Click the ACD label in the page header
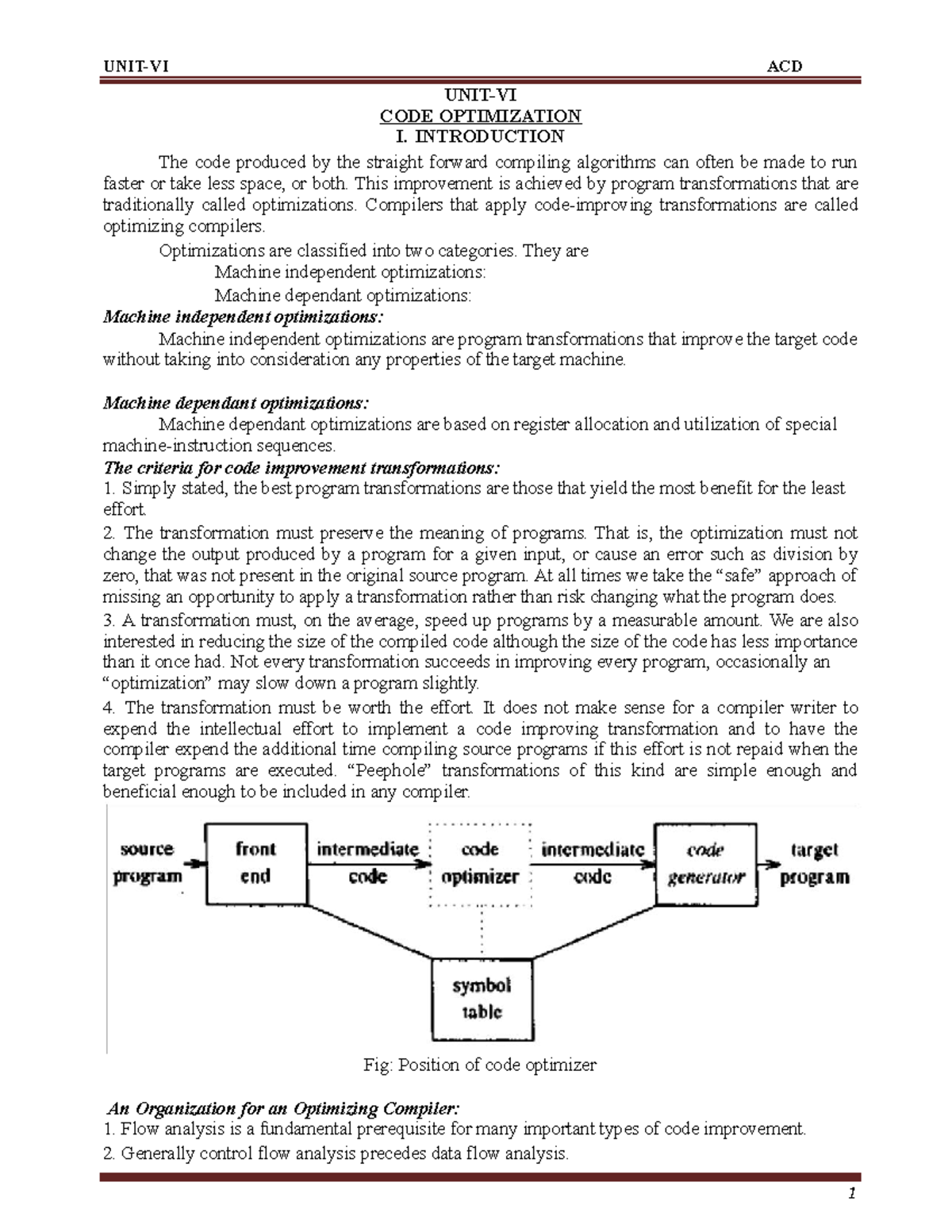[785, 67]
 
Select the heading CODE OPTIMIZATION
[480, 116]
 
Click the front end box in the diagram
[255, 863]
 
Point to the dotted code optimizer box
[479, 863]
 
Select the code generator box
[705, 863]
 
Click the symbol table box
[481, 998]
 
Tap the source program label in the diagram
[148, 863]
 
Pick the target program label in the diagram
[814, 863]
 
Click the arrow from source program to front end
[193, 864]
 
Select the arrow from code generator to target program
[770, 864]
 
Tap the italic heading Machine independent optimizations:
[243, 317]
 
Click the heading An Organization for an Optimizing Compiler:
[282, 1108]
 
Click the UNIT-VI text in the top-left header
[135, 67]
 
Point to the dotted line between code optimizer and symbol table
[481, 933]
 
